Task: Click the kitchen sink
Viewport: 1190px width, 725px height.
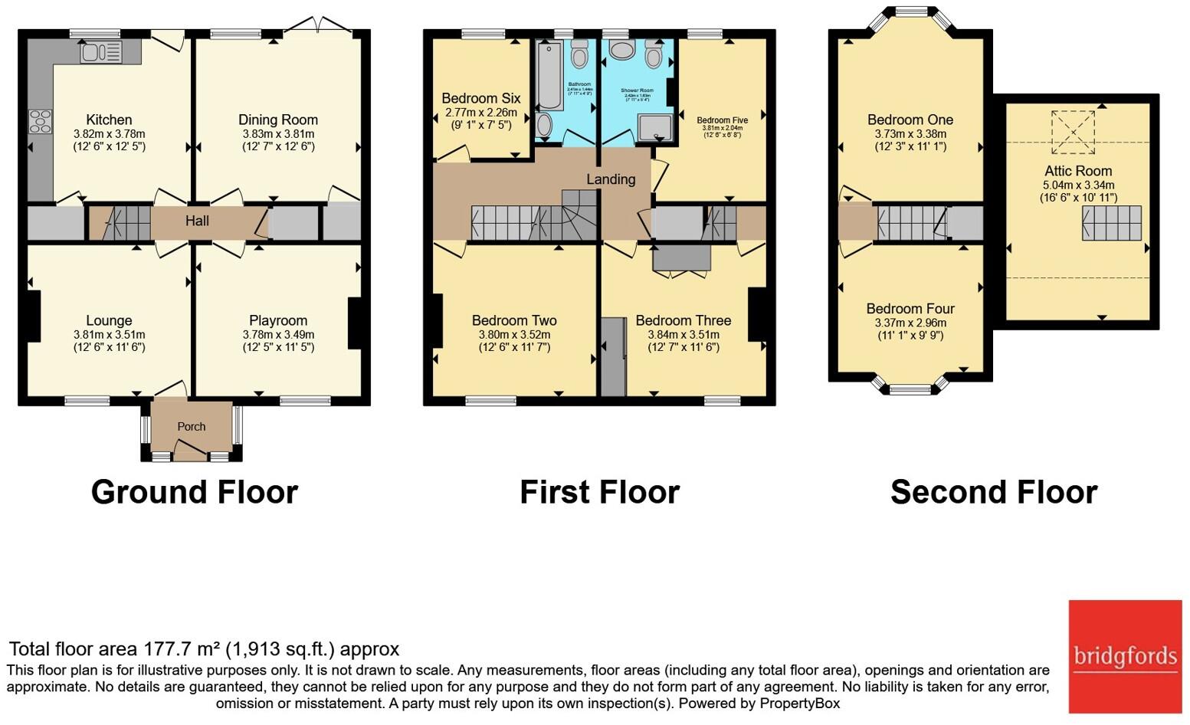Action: point(100,52)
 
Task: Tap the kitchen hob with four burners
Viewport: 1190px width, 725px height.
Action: point(40,122)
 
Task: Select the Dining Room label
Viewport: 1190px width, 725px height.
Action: point(277,120)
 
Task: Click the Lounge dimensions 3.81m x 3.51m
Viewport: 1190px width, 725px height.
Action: point(109,335)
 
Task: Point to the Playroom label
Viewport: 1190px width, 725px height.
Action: point(277,320)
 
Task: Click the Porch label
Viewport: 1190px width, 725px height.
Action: point(192,427)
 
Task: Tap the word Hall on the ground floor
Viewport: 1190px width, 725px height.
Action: point(197,221)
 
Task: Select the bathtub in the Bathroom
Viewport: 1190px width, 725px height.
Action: point(549,77)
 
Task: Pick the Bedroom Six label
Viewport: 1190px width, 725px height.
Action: point(480,98)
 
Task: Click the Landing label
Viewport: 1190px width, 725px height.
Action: point(611,179)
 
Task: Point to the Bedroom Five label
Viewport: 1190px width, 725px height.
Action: point(722,120)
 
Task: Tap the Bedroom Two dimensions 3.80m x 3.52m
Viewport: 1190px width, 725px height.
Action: point(514,335)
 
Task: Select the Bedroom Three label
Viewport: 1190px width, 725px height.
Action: point(683,320)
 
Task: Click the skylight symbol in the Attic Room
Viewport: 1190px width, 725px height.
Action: point(1074,133)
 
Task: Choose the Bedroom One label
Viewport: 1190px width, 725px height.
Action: point(910,120)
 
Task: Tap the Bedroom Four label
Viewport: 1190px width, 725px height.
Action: point(910,309)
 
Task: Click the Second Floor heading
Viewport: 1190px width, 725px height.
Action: point(994,492)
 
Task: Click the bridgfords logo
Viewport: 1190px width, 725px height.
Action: point(1125,656)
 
